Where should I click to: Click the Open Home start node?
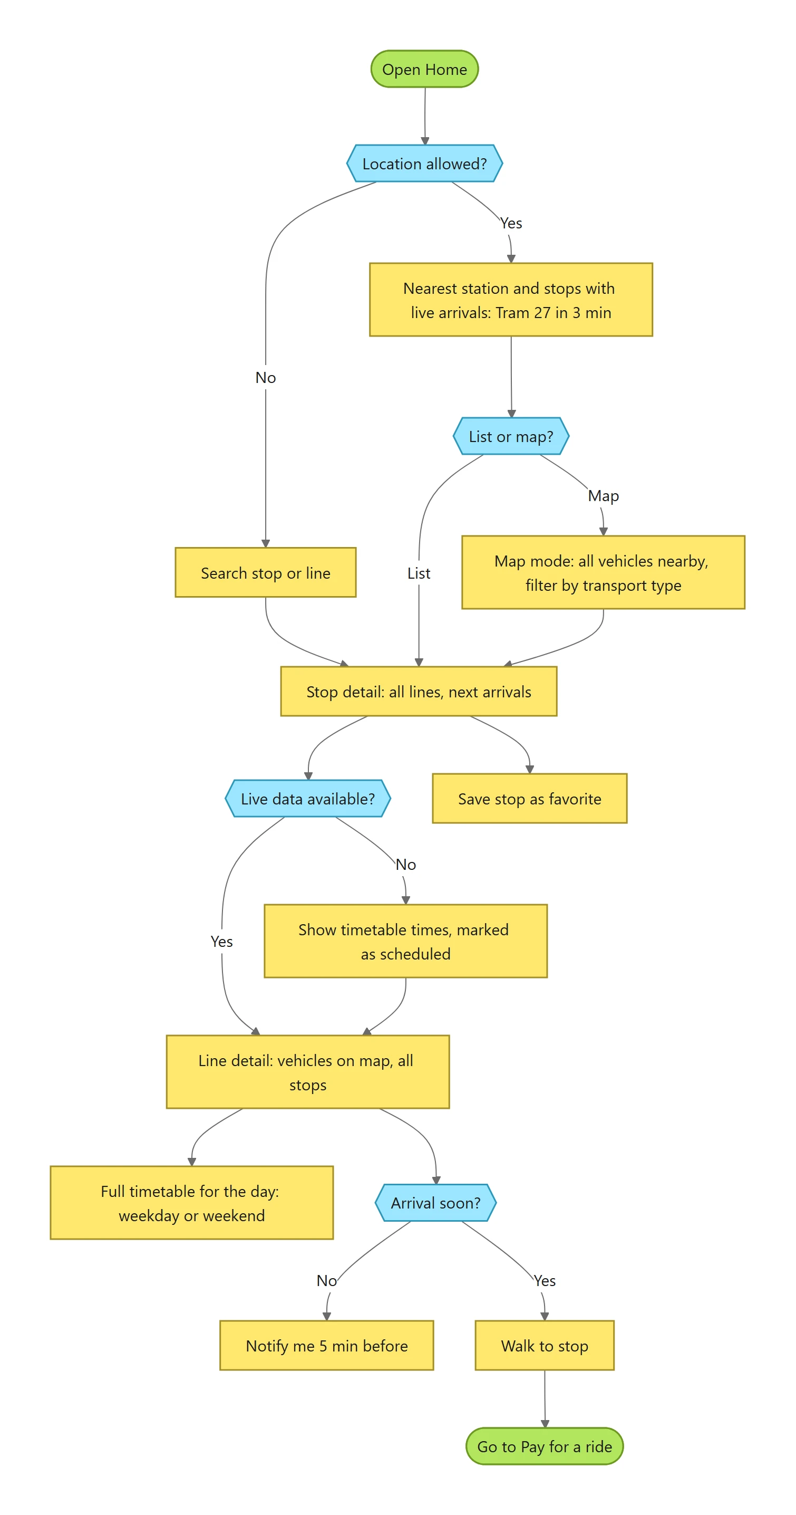[424, 69]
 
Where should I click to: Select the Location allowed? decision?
[424, 164]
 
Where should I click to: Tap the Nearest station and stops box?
[511, 300]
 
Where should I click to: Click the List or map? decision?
[511, 436]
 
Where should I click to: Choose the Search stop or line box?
[266, 573]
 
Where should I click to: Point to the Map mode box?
[603, 573]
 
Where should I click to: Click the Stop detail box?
[419, 692]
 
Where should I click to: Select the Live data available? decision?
[308, 799]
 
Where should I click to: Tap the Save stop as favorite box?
[530, 799]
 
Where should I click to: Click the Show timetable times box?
[405, 942]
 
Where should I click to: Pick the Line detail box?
[308, 1072]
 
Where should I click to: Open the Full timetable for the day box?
[192, 1203]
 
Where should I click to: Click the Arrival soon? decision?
[435, 1203]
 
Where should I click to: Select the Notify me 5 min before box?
[327, 1346]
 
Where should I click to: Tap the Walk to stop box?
[545, 1346]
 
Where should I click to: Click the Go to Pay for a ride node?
[545, 1446]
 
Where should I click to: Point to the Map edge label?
[603, 496]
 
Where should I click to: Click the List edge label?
[419, 573]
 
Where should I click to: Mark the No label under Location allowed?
[266, 378]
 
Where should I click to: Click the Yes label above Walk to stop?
[545, 1281]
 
